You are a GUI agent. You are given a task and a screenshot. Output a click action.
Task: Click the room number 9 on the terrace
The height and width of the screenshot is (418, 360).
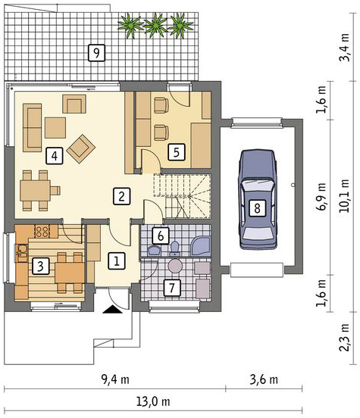pos(96,53)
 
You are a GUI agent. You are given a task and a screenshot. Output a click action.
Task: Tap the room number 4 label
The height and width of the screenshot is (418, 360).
pos(55,155)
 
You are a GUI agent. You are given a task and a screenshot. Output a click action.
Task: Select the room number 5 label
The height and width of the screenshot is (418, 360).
pos(176,152)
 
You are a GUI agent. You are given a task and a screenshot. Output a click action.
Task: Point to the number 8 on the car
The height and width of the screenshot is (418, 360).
pos(257,207)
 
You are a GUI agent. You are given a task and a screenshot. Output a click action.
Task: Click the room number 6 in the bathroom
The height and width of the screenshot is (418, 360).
pos(161,236)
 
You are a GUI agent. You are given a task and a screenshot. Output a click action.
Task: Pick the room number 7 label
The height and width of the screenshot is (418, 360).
pos(171,288)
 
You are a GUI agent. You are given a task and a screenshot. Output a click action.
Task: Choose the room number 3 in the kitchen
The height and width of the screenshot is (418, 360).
pos(41,266)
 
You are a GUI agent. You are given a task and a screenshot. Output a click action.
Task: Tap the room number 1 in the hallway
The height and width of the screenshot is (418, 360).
pos(117,260)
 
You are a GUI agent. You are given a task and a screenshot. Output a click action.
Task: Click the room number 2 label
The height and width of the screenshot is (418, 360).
pos(121,196)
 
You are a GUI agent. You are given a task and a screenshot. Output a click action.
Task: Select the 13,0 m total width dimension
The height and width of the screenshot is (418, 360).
pos(153,401)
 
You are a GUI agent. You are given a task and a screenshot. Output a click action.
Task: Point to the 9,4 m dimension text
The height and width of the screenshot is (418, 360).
pos(115,379)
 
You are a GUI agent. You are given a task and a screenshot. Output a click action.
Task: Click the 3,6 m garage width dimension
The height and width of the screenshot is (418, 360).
pos(264,379)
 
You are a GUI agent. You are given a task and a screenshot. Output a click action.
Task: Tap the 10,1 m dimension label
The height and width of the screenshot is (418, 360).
pos(345,195)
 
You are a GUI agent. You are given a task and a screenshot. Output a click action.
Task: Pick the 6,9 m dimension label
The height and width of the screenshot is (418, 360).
pos(321,196)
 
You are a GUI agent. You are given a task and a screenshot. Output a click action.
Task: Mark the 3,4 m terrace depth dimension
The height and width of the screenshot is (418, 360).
pos(345,47)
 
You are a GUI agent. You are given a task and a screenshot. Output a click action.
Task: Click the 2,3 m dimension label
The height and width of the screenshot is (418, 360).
pos(345,337)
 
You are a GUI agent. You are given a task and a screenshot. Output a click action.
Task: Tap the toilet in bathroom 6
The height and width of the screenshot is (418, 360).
pos(175,248)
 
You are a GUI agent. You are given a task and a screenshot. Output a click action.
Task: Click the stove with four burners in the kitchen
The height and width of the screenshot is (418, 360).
pos(42,232)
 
